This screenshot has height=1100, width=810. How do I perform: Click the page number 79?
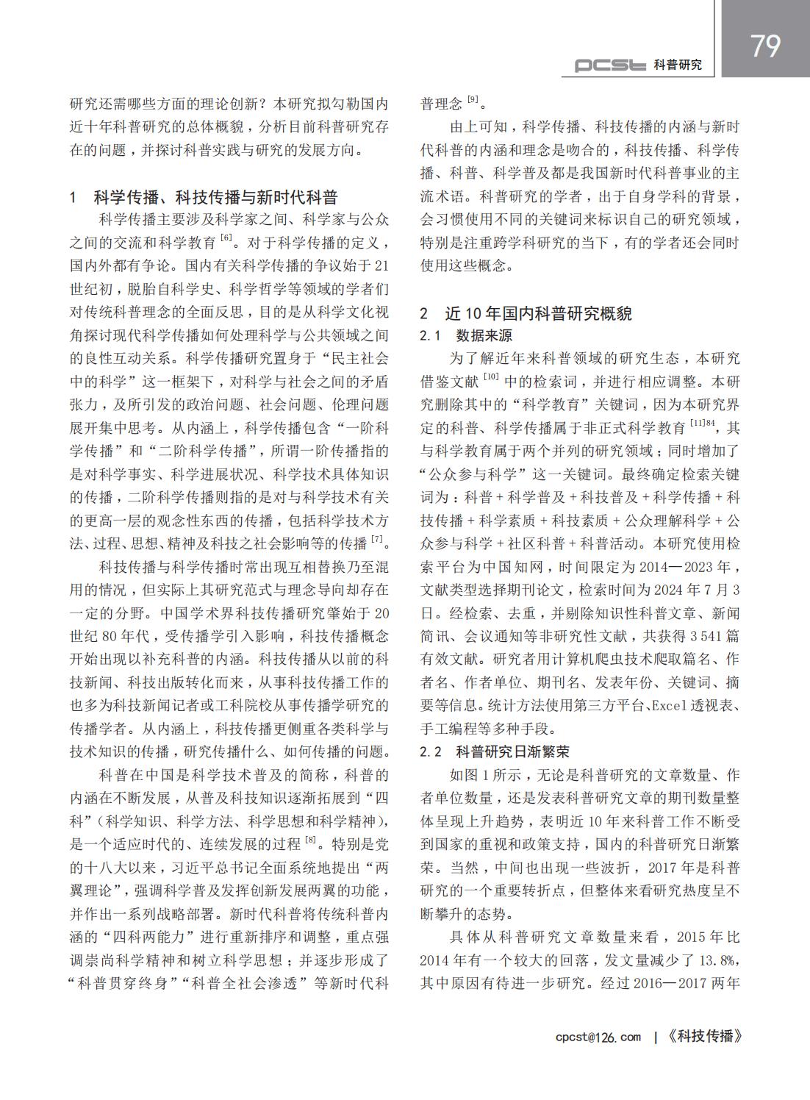(765, 46)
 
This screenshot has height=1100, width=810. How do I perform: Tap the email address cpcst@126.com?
(598, 1037)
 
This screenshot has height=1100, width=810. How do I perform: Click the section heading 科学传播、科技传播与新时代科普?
(215, 197)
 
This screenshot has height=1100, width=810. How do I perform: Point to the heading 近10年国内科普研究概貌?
(538, 313)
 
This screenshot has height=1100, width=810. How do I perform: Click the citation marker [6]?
(226, 238)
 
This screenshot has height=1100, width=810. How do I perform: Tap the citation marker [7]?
(377, 540)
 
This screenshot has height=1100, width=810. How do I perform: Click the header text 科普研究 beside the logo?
(678, 65)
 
